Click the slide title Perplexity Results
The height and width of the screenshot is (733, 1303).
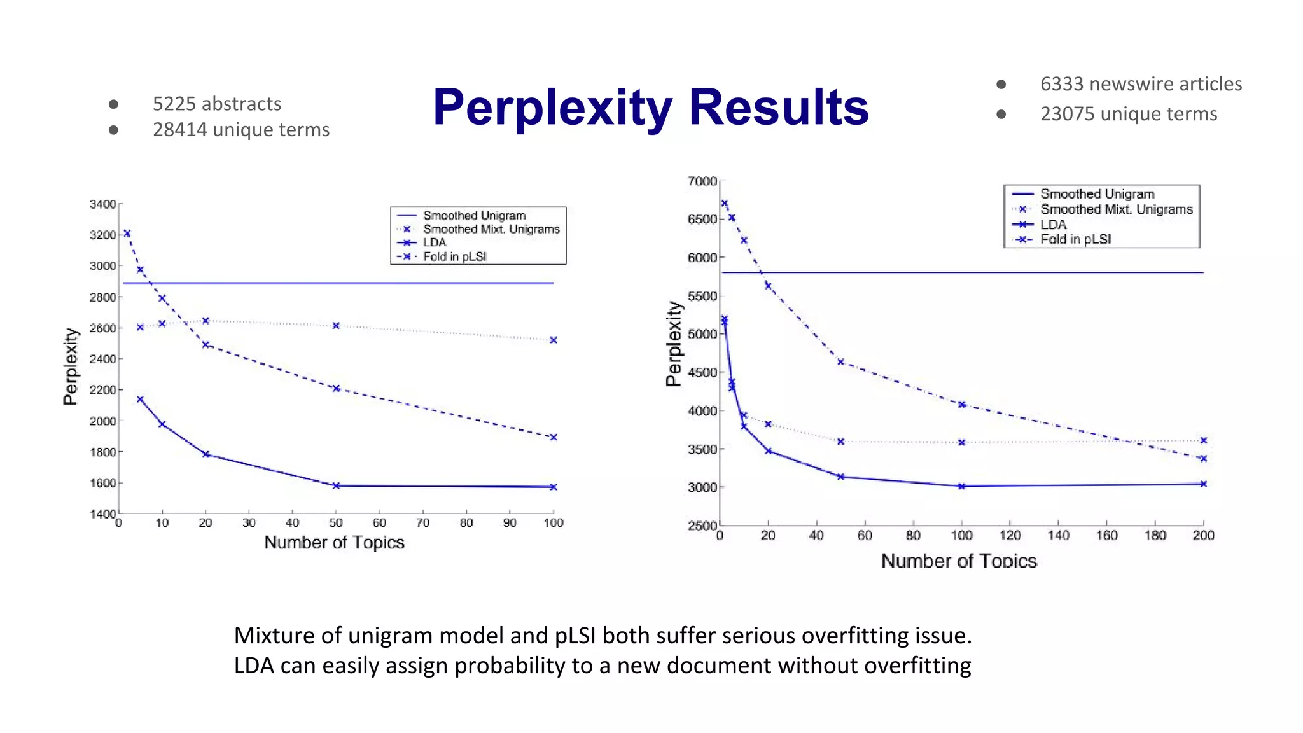pyautogui.click(x=650, y=107)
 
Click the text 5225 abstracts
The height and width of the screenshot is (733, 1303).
pyautogui.click(x=216, y=104)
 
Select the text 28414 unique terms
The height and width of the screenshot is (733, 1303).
pyautogui.click(x=240, y=130)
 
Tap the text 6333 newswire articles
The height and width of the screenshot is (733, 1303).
pyautogui.click(x=1140, y=84)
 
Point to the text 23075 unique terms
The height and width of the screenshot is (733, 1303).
pyautogui.click(x=1128, y=114)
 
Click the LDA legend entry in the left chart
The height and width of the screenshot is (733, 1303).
pyautogui.click(x=435, y=242)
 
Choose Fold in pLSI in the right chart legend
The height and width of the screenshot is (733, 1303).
pyautogui.click(x=1075, y=239)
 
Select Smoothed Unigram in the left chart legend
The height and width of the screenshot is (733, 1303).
pyautogui.click(x=474, y=216)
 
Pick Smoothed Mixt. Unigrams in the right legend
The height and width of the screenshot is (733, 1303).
pyautogui.click(x=1116, y=209)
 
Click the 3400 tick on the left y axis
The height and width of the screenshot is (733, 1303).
pyautogui.click(x=102, y=204)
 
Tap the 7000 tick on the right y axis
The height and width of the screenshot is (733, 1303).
pyautogui.click(x=702, y=181)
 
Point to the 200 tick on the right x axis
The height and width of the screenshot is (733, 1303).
pyautogui.click(x=1203, y=536)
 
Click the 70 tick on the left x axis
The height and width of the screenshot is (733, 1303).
pyautogui.click(x=422, y=523)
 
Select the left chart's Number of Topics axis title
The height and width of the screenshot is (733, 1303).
pyautogui.click(x=334, y=543)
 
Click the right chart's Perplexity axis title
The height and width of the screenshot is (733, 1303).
pyautogui.click(x=674, y=344)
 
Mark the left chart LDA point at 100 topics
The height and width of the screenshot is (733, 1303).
pyautogui.click(x=554, y=487)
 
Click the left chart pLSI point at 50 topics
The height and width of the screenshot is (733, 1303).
pyautogui.click(x=336, y=389)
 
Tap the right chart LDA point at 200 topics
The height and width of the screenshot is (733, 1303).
pyautogui.click(x=1203, y=484)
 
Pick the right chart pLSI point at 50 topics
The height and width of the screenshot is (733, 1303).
pyautogui.click(x=840, y=362)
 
